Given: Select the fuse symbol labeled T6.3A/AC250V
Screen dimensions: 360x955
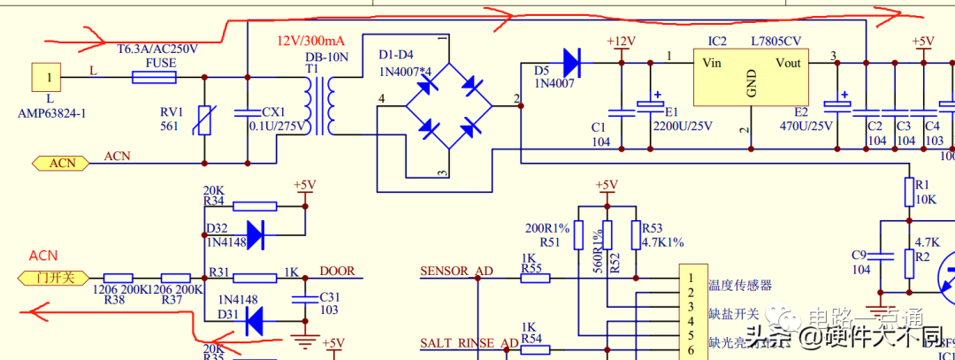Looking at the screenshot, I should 153,77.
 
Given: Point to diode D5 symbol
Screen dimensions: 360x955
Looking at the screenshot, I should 570,62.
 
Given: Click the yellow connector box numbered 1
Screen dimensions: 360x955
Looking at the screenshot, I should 50,78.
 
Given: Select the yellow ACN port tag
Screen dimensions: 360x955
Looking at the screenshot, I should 63,163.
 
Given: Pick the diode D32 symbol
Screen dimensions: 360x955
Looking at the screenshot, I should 255,234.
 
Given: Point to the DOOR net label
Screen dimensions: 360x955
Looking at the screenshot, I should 337,272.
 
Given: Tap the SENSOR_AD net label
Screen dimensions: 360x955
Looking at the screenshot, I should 456,272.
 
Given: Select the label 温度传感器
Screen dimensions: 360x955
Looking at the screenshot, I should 739,285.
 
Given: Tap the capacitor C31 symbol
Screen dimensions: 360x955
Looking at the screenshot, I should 305,298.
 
